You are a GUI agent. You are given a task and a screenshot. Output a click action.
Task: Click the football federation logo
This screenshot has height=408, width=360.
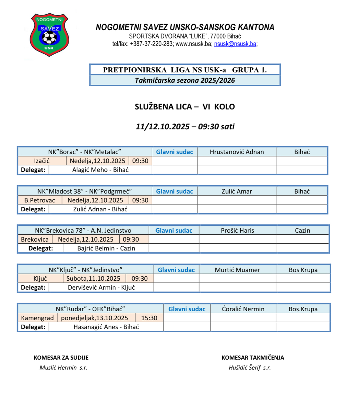click(x=49, y=35)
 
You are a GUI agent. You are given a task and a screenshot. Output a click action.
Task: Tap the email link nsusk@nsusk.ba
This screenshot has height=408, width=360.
click(x=235, y=44)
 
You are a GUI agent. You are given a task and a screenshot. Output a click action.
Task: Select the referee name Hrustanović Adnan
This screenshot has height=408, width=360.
click(x=237, y=152)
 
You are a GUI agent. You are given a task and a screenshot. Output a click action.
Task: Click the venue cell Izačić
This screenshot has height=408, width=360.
click(x=42, y=161)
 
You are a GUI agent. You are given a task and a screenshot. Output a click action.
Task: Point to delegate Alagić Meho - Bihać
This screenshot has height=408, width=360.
click(x=100, y=170)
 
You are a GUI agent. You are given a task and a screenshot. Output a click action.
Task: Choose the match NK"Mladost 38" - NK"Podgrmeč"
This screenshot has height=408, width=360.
click(x=85, y=191)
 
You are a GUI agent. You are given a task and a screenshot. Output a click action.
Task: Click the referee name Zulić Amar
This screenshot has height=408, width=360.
click(x=237, y=191)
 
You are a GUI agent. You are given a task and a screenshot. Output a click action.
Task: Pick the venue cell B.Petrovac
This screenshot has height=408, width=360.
click(x=40, y=200)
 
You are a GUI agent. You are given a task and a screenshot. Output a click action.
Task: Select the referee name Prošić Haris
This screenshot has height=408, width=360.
click(x=237, y=231)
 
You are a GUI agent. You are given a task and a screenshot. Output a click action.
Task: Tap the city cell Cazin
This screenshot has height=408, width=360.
click(x=302, y=231)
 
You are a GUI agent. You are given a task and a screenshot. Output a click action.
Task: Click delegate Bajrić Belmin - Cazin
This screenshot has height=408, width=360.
click(x=106, y=248)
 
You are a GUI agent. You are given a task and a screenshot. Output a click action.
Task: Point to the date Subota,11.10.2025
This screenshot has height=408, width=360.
click(x=93, y=279)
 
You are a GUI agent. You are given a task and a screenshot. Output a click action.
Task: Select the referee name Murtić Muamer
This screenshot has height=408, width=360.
click(x=237, y=270)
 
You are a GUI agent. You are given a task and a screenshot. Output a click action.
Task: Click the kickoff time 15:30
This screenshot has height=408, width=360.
click(x=149, y=318)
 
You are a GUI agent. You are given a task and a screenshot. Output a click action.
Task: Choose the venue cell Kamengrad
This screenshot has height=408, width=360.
click(x=37, y=318)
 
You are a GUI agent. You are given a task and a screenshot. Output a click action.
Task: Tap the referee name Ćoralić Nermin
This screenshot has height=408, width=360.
click(x=243, y=309)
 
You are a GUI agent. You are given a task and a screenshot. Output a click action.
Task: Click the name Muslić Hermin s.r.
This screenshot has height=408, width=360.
click(x=63, y=368)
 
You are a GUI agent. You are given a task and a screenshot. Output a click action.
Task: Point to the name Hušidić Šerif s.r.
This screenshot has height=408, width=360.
click(x=250, y=368)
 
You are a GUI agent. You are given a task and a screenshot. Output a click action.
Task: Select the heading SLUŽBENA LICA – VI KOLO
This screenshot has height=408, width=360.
click(x=185, y=107)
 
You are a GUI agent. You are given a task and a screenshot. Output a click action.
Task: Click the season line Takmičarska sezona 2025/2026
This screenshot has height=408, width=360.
click(x=185, y=80)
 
